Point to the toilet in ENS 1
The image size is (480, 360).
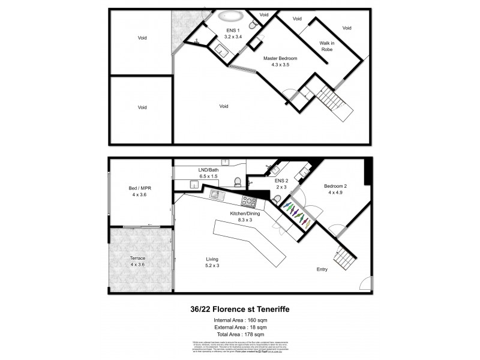[254, 22]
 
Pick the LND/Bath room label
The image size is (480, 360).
[209, 173]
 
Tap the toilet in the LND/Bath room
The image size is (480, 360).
[239, 182]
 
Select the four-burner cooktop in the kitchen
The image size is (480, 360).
[247, 201]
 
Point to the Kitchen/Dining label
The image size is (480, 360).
[247, 217]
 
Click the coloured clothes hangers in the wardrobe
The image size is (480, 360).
[295, 213]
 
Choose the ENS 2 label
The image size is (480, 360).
[282, 183]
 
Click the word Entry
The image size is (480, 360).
[322, 269]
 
